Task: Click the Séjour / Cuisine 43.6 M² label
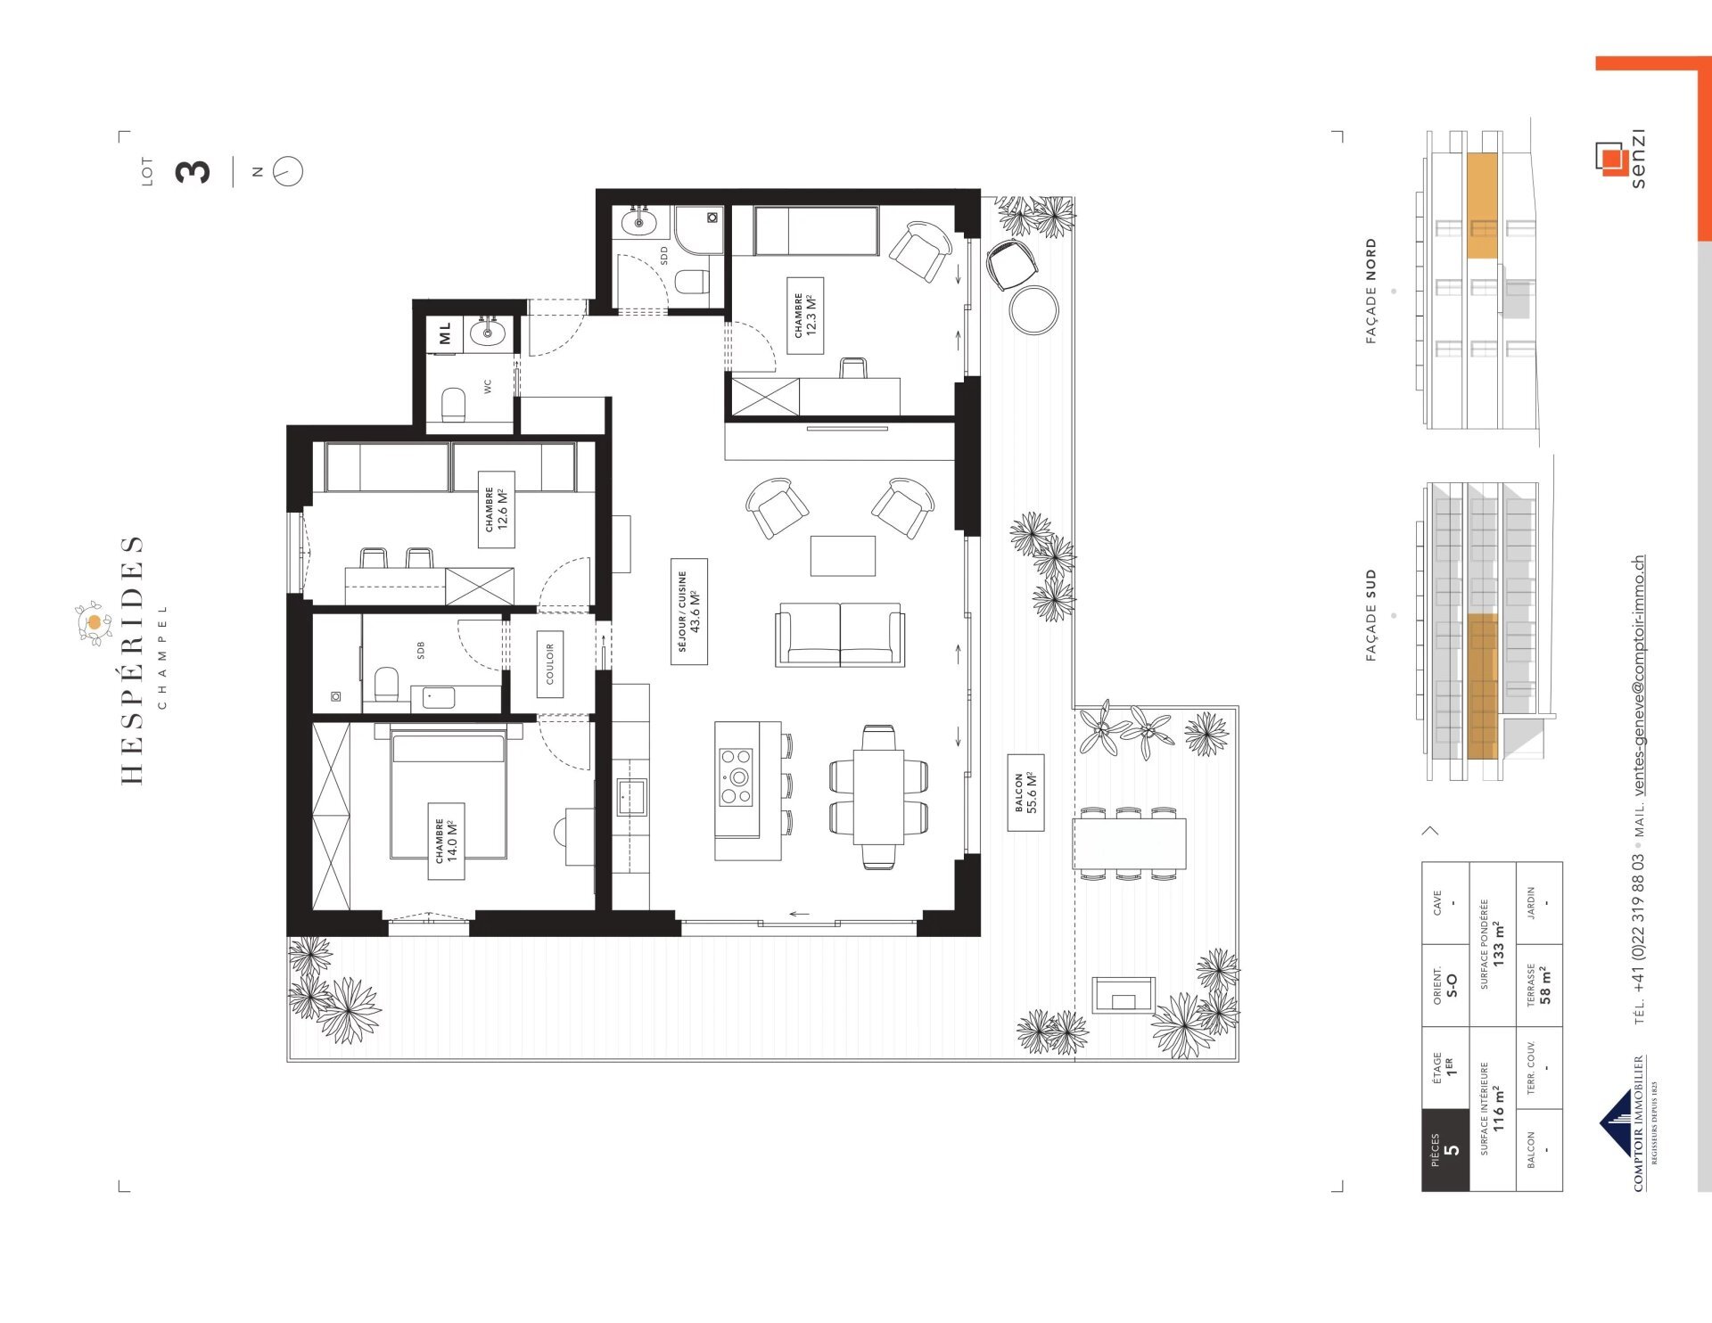click(689, 612)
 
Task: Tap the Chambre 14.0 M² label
click(446, 841)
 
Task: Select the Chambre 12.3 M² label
click(805, 316)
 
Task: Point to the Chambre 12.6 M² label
click(497, 509)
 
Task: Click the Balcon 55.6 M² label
click(1025, 793)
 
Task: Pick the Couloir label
click(549, 664)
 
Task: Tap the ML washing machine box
click(445, 333)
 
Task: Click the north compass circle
click(288, 171)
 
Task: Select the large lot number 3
click(193, 171)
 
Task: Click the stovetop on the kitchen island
click(737, 777)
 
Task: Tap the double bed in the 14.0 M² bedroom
click(449, 792)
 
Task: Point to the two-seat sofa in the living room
click(840, 635)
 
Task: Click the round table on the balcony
click(1034, 309)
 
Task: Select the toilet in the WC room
click(454, 406)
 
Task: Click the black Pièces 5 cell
click(1445, 1150)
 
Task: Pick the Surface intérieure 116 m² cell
click(1493, 1108)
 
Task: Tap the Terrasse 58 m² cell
click(1539, 985)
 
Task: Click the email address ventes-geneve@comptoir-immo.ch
click(1639, 676)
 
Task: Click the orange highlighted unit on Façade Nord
click(1482, 205)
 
